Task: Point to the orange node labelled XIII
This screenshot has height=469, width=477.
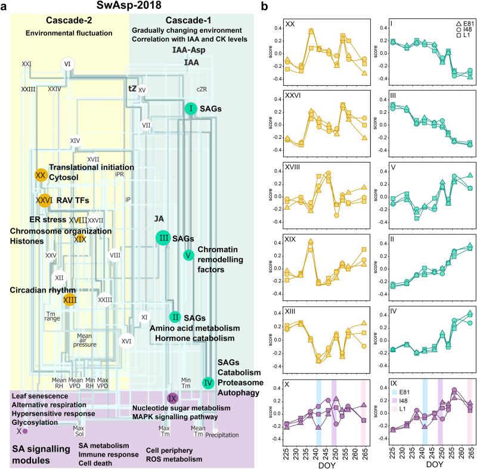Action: [x=69, y=300]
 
